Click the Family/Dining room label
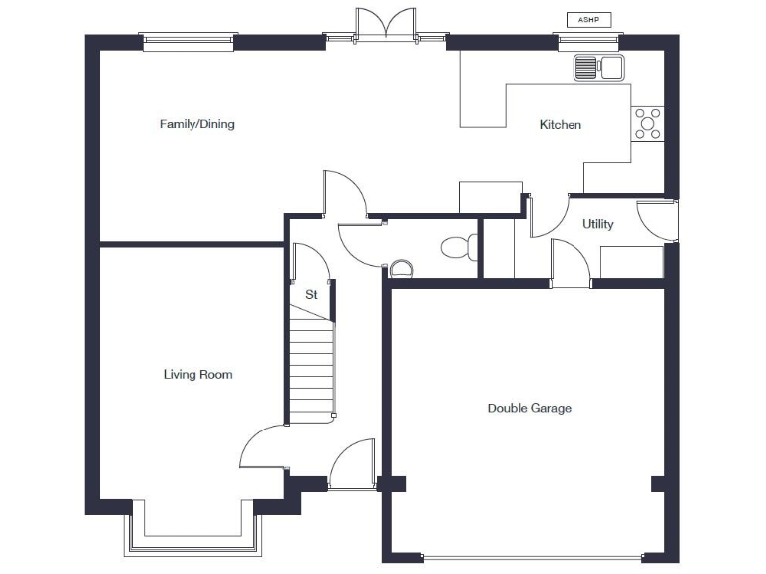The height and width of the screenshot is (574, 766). click(x=196, y=124)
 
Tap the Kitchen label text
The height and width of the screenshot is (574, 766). click(x=560, y=125)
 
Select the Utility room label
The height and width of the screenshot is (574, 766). click(x=598, y=224)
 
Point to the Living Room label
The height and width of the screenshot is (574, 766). click(x=197, y=375)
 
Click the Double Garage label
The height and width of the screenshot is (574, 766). click(x=529, y=408)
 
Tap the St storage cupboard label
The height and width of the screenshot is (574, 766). click(x=310, y=295)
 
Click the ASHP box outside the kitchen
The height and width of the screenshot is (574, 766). click(x=588, y=19)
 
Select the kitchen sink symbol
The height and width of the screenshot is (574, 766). click(x=597, y=68)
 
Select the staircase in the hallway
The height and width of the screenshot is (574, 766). click(x=311, y=364)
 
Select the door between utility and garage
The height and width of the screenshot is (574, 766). click(x=571, y=263)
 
